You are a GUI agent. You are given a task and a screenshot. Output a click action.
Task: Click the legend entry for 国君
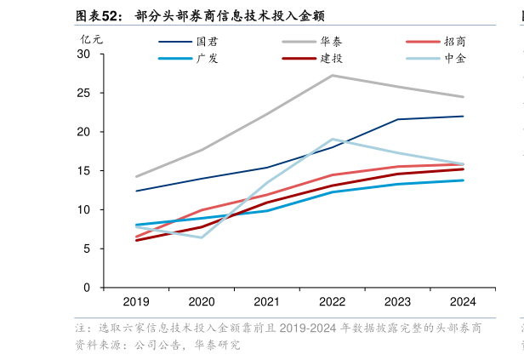(x=189, y=42)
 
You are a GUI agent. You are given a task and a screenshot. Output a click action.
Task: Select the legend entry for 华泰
(x=312, y=42)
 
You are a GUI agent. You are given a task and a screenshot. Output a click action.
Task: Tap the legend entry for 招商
(x=436, y=42)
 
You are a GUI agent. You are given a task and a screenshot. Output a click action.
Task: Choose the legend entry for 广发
(x=189, y=59)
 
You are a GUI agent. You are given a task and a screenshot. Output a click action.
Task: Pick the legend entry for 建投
(x=312, y=59)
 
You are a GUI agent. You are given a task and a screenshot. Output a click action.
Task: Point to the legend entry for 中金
(x=436, y=59)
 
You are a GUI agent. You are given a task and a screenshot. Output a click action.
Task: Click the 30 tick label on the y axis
(x=83, y=54)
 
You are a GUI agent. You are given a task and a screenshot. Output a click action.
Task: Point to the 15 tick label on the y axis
(x=83, y=171)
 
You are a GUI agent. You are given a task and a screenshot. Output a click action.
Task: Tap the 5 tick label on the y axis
(x=87, y=249)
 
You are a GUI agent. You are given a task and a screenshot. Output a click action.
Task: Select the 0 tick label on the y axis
(x=87, y=288)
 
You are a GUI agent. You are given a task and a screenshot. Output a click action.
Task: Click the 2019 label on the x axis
(x=136, y=302)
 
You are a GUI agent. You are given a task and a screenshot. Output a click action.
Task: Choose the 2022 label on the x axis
(x=332, y=302)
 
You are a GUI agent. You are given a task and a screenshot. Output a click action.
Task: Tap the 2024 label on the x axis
(x=463, y=302)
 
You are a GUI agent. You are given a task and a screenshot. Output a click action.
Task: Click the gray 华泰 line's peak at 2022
(x=332, y=76)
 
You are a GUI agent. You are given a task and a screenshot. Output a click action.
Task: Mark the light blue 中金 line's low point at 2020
(x=202, y=237)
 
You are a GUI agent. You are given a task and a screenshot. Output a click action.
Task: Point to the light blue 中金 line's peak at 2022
(x=332, y=140)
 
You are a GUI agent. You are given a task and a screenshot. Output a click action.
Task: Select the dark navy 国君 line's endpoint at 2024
(x=463, y=117)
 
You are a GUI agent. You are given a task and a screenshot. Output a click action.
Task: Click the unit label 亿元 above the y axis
(x=91, y=39)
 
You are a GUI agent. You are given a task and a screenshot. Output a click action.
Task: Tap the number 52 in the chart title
(x=110, y=16)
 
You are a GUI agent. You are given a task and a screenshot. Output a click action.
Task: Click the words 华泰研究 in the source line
(x=217, y=345)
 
